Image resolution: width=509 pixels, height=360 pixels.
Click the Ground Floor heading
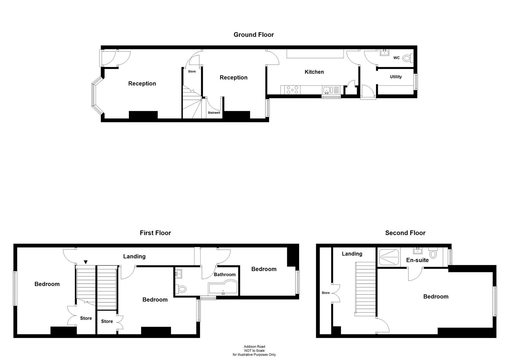click(x=254, y=35)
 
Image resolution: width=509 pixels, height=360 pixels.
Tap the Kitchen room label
click(x=314, y=72)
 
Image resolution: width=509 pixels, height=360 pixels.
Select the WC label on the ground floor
click(x=396, y=58)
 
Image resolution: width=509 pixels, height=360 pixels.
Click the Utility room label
click(x=396, y=77)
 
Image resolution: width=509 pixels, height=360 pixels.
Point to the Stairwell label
click(x=214, y=113)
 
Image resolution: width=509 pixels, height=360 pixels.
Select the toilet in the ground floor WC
click(x=407, y=58)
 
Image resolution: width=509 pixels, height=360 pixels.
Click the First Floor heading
click(x=155, y=233)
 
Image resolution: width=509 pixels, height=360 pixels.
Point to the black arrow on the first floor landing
click(x=86, y=262)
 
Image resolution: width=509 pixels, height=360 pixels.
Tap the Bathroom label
click(x=225, y=275)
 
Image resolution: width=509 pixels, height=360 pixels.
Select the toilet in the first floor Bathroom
click(x=182, y=289)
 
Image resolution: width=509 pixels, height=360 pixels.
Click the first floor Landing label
click(x=134, y=256)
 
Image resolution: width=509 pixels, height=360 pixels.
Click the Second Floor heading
click(x=405, y=233)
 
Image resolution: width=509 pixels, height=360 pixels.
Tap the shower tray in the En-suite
click(x=389, y=257)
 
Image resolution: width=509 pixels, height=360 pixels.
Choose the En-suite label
click(x=417, y=260)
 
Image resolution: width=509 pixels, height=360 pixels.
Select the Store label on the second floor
click(x=325, y=293)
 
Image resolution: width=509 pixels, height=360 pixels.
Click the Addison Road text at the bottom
click(x=254, y=347)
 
